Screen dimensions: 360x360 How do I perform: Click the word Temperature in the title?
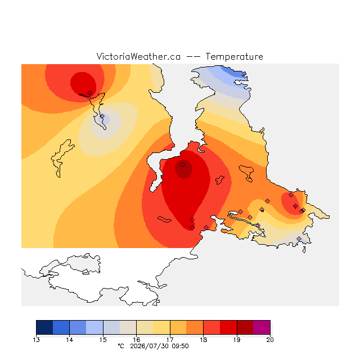[x=234, y=56]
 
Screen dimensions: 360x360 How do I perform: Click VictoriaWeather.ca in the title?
[x=138, y=56]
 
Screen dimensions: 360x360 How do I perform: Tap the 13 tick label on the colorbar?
[x=36, y=340]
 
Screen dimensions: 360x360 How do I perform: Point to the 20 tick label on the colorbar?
[x=270, y=340]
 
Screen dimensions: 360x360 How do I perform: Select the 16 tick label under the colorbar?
[x=136, y=340]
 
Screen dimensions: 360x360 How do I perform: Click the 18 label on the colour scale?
[x=203, y=340]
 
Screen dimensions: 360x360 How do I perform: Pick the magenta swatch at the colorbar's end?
[x=262, y=327]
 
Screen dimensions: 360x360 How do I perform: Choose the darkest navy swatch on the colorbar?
[x=44, y=327]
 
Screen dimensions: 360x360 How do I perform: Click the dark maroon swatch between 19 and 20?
[x=245, y=327]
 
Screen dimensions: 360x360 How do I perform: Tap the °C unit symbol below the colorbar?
[x=121, y=346]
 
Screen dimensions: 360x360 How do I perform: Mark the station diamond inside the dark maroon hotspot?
[x=182, y=164]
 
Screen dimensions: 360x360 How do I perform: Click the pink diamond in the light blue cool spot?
[x=102, y=116]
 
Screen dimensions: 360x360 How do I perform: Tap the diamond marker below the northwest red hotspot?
[x=90, y=93]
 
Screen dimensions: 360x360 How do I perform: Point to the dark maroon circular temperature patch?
[x=184, y=169]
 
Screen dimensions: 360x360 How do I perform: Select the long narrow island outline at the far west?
[x=61, y=159]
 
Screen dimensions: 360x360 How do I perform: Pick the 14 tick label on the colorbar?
[x=70, y=340]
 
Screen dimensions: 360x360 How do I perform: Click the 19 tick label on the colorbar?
[x=237, y=340]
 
